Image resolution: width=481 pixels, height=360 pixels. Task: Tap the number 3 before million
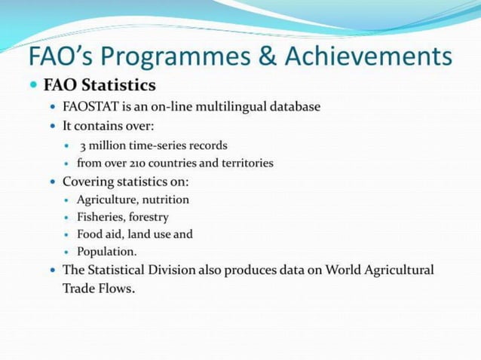tap(83, 145)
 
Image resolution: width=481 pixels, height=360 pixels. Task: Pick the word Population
tap(106, 252)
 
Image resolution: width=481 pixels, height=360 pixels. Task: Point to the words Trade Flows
tap(98, 288)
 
